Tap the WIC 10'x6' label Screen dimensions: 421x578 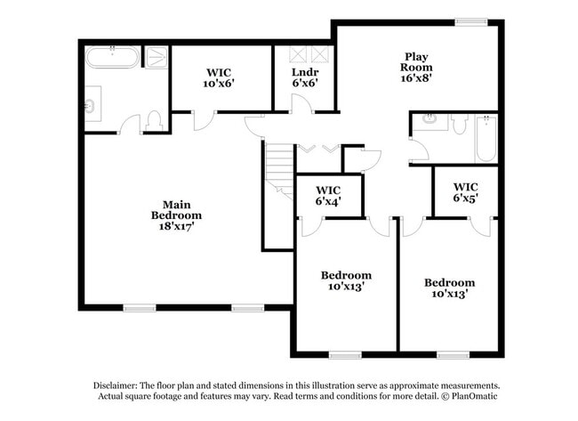coord(220,77)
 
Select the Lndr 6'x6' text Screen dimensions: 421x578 coord(304,77)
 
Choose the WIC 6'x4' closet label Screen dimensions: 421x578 coord(329,195)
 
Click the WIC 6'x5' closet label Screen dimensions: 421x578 coord(465,192)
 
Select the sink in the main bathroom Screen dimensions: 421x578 coord(90,108)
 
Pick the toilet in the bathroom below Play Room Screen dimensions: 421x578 coord(459,123)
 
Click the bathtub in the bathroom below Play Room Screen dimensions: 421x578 coord(486,138)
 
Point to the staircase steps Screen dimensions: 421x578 coord(280,169)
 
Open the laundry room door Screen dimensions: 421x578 coord(301,104)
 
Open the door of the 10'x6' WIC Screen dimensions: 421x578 coord(204,119)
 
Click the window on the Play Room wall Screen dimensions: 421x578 coord(470,21)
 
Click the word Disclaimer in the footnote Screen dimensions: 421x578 coord(120,385)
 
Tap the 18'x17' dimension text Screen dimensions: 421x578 coord(176,226)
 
